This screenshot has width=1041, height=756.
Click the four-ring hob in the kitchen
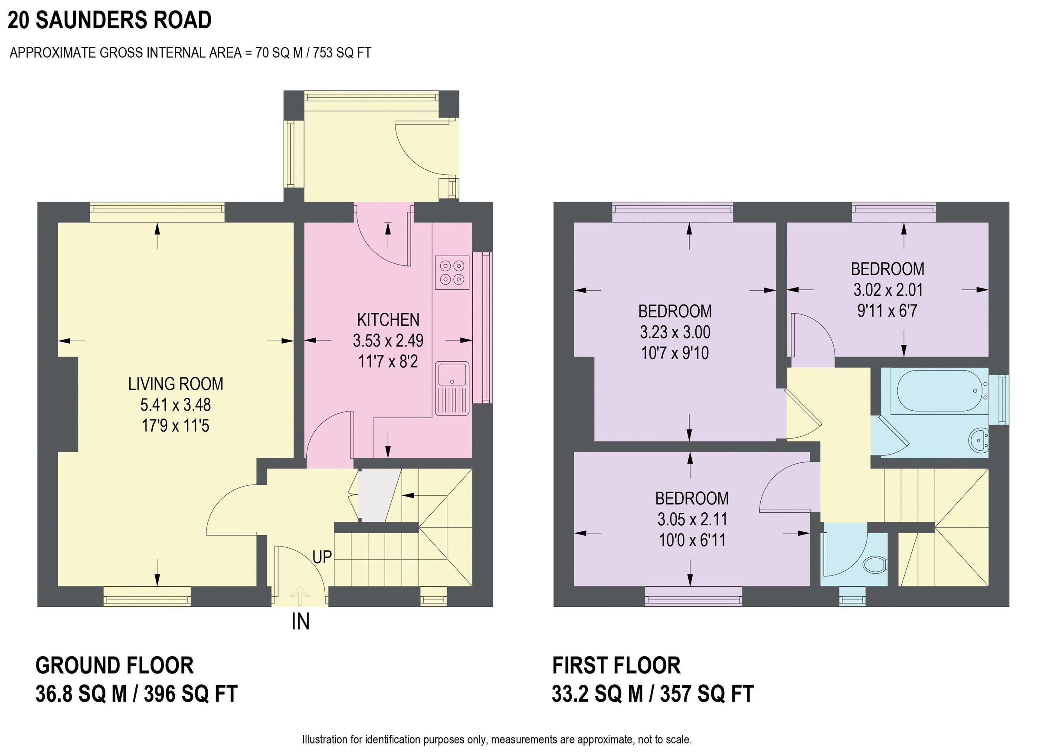(x=452, y=273)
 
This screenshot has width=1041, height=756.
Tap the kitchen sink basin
(x=452, y=374)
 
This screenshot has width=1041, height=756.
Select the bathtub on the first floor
(x=934, y=390)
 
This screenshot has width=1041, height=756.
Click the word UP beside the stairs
(x=322, y=557)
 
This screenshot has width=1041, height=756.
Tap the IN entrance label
(x=301, y=622)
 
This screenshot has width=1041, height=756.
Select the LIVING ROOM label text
(x=175, y=384)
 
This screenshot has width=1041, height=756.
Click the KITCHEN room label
(x=388, y=320)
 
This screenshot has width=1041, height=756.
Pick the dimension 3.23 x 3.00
(x=675, y=332)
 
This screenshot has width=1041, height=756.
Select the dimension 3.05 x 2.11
(x=692, y=519)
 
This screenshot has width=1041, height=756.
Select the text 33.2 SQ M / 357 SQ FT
(x=652, y=694)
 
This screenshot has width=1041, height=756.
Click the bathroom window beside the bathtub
(x=1003, y=399)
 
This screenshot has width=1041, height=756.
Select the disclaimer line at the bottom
(x=497, y=740)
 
